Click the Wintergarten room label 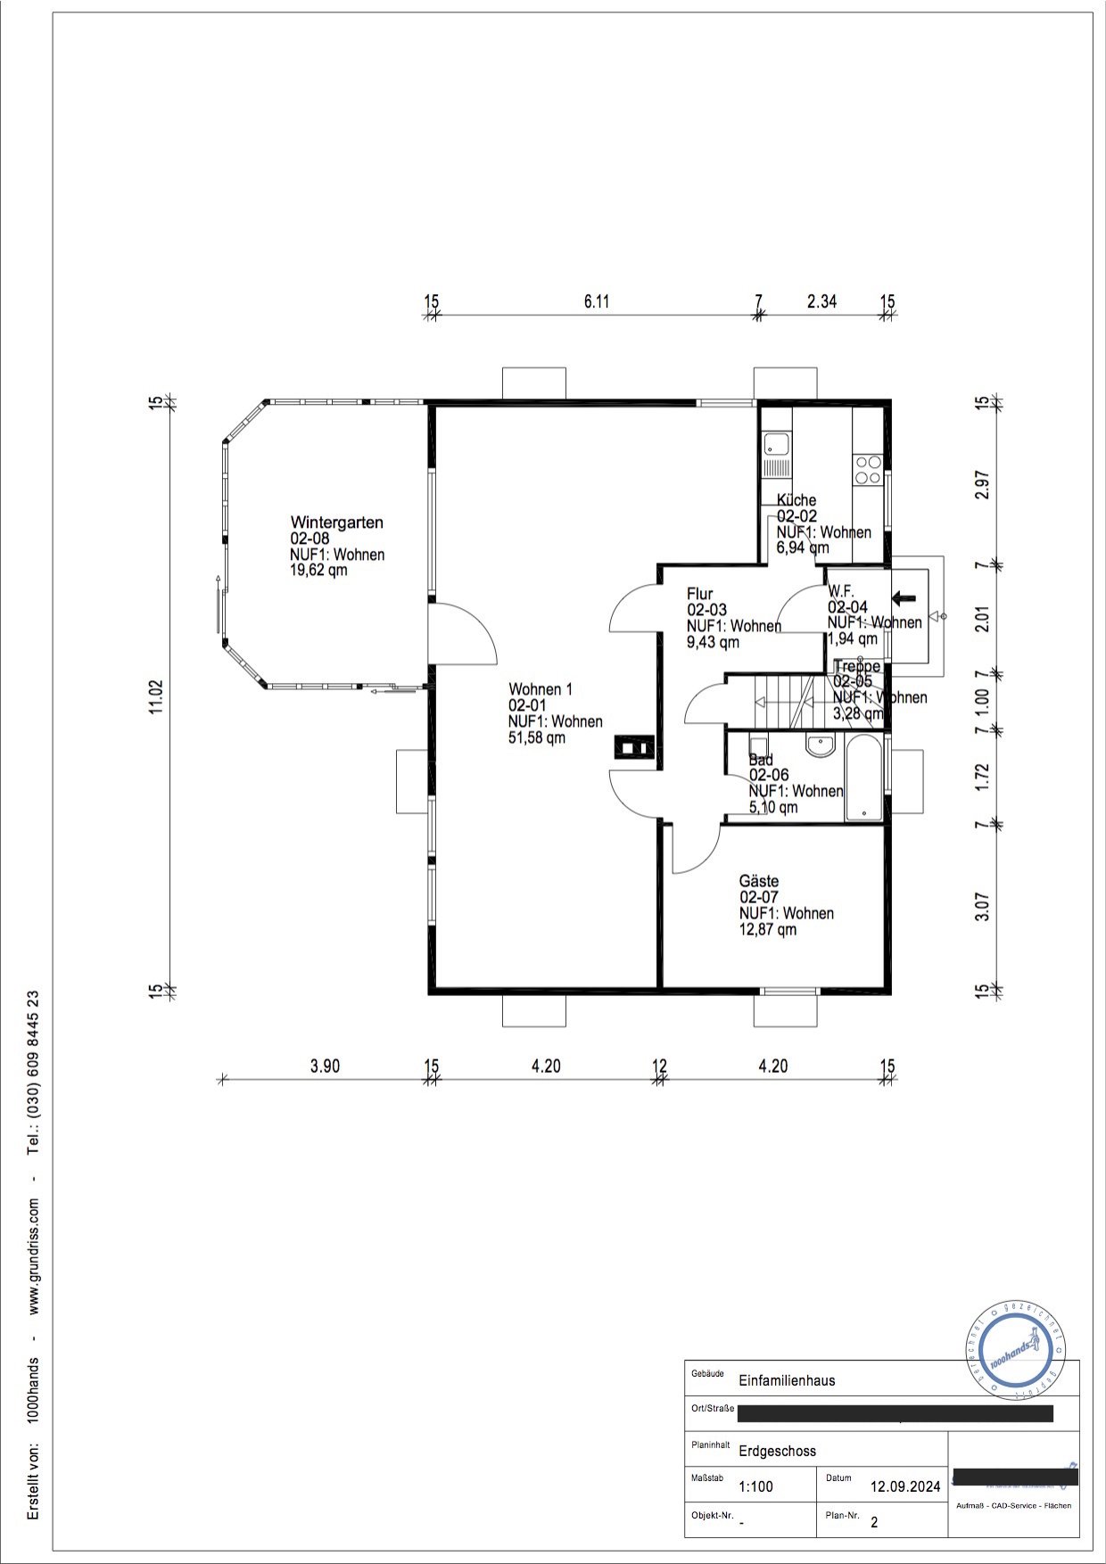click(x=336, y=523)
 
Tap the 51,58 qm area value click(x=536, y=738)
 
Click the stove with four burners click(x=868, y=470)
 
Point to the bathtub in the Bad click(x=863, y=777)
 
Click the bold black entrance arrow click(x=904, y=598)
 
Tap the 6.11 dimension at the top click(x=597, y=301)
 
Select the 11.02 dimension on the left click(x=157, y=696)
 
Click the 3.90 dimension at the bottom click(x=325, y=1066)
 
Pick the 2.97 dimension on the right click(x=982, y=484)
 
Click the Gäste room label click(x=758, y=882)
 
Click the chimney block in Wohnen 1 click(x=635, y=746)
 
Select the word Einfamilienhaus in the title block click(x=787, y=1380)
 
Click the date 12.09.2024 click(x=904, y=1486)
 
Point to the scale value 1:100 click(x=755, y=1486)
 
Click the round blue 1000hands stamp click(x=1016, y=1354)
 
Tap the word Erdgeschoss click(x=777, y=1451)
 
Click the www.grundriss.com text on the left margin click(x=33, y=1255)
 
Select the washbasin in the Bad click(x=819, y=745)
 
